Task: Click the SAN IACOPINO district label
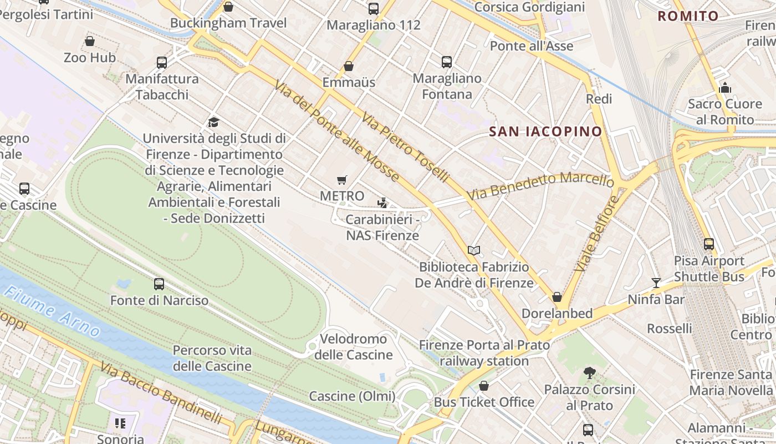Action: pyautogui.click(x=545, y=132)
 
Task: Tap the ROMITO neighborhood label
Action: pyautogui.click(x=688, y=16)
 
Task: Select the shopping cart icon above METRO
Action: pyautogui.click(x=342, y=180)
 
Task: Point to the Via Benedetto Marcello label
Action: pyautogui.click(x=540, y=185)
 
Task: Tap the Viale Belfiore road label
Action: pyautogui.click(x=596, y=234)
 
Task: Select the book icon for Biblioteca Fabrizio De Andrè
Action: pyautogui.click(x=474, y=251)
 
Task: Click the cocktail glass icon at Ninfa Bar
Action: pyautogui.click(x=656, y=283)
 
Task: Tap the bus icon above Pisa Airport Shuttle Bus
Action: pyautogui.click(x=709, y=244)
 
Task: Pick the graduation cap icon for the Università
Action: pyautogui.click(x=214, y=122)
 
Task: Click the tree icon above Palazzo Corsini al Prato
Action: pyautogui.click(x=589, y=373)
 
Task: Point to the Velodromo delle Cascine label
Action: pyautogui.click(x=353, y=346)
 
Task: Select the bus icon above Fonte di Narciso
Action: pyautogui.click(x=159, y=284)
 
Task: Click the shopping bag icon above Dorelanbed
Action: pyautogui.click(x=557, y=297)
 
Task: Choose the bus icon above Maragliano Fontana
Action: pyautogui.click(x=447, y=62)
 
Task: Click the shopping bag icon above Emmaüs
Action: pyautogui.click(x=349, y=66)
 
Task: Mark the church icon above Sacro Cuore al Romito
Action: pyautogui.click(x=724, y=88)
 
